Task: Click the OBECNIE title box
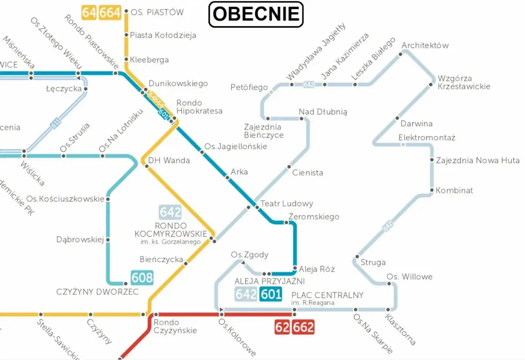click(x=256, y=14)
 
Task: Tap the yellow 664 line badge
click(x=110, y=12)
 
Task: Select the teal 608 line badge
click(x=142, y=278)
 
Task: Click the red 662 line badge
click(x=303, y=327)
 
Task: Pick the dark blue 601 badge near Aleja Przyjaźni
click(x=271, y=294)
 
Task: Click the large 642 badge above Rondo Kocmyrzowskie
click(x=170, y=212)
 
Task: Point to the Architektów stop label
click(x=425, y=45)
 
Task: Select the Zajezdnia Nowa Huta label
click(x=477, y=160)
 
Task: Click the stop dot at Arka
click(x=227, y=178)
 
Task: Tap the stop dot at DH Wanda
click(x=146, y=166)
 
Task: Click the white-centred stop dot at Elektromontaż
click(x=403, y=144)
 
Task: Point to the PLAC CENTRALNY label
click(x=327, y=295)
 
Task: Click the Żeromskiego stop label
click(x=314, y=216)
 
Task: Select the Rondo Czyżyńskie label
click(x=175, y=326)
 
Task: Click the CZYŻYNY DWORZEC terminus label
click(x=97, y=292)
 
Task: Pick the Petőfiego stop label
click(x=249, y=87)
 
